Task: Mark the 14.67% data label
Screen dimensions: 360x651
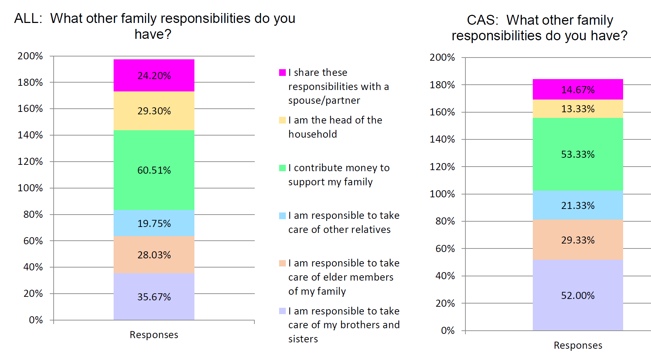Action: click(x=578, y=90)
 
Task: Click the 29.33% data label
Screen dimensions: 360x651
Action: click(x=578, y=240)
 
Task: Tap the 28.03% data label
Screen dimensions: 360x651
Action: click(x=154, y=255)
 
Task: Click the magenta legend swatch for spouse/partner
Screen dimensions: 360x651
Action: click(x=282, y=73)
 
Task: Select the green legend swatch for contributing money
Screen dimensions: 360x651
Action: click(x=282, y=168)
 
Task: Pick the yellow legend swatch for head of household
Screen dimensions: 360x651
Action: click(x=282, y=120)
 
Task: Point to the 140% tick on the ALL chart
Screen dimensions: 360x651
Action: click(x=30, y=135)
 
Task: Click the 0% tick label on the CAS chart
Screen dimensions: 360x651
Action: click(x=447, y=331)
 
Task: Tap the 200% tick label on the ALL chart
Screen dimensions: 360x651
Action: click(x=30, y=56)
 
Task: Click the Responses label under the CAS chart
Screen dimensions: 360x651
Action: click(x=578, y=345)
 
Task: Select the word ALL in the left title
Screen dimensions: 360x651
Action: click(x=28, y=18)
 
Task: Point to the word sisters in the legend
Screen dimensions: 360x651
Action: click(x=303, y=339)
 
